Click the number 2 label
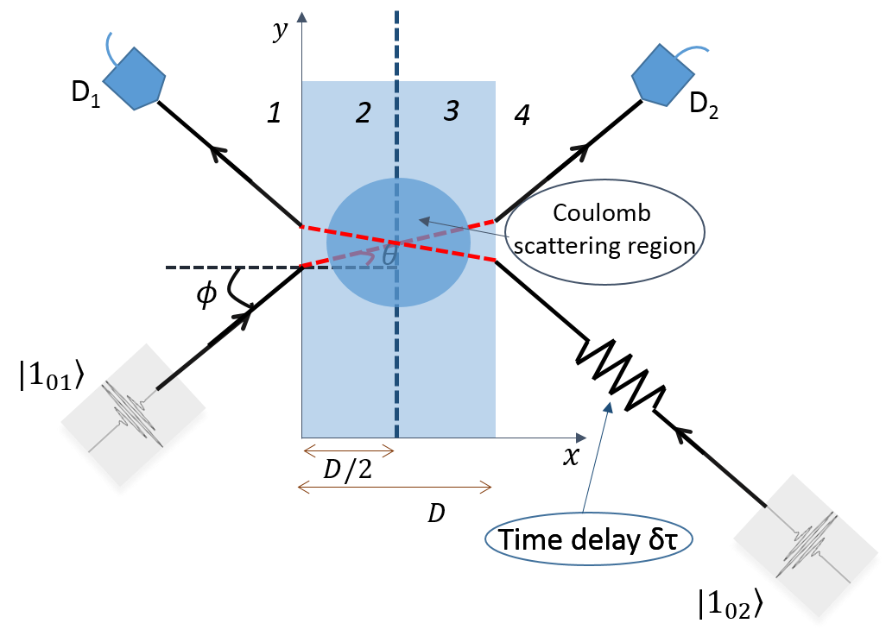pos(364,113)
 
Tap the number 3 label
pos(451,110)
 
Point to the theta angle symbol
pos(389,256)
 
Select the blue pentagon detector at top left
pos(134,79)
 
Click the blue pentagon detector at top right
pos(662,76)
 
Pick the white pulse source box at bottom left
pos(133,419)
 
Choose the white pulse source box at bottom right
pos(807,550)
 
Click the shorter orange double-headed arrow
pos(349,450)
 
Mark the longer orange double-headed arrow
pos(395,488)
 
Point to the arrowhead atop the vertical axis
pos(301,16)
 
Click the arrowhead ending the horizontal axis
pos(581,438)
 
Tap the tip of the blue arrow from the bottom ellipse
pos(609,406)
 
